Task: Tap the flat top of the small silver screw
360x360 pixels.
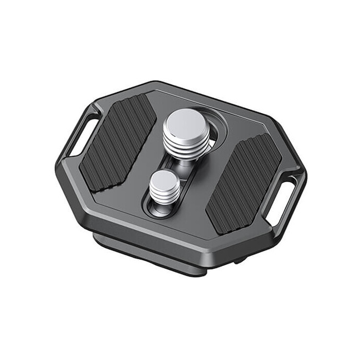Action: (165, 181)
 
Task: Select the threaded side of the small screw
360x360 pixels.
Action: (166, 198)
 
